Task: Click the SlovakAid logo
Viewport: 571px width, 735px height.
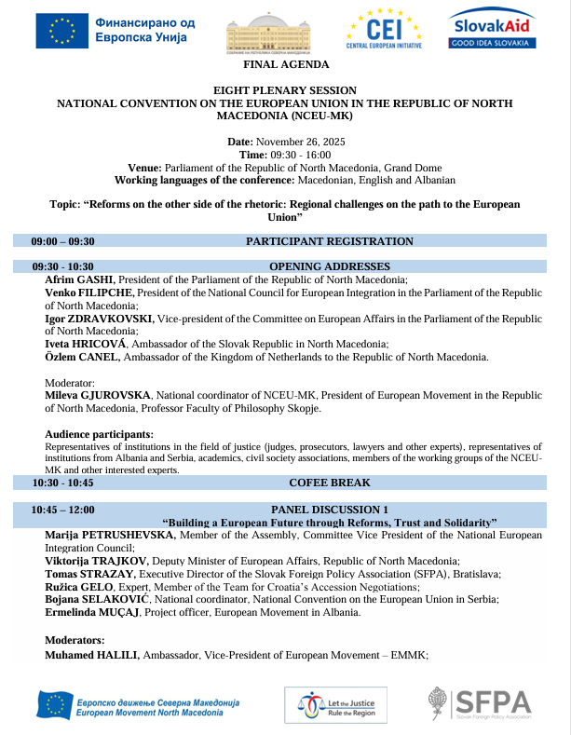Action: [491, 29]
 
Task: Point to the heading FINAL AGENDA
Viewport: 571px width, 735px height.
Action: [285, 64]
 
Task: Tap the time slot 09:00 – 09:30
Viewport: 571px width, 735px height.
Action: [62, 241]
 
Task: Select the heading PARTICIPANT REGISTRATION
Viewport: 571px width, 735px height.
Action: [329, 241]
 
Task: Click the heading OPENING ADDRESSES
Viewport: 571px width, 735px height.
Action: [329, 266]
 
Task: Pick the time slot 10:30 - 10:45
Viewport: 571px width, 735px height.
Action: [62, 483]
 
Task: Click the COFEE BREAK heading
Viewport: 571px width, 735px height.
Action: [329, 483]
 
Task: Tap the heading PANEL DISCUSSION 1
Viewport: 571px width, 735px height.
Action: [329, 510]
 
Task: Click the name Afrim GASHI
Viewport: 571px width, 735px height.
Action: [79, 279]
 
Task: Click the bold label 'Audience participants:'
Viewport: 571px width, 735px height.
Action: [100, 434]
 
